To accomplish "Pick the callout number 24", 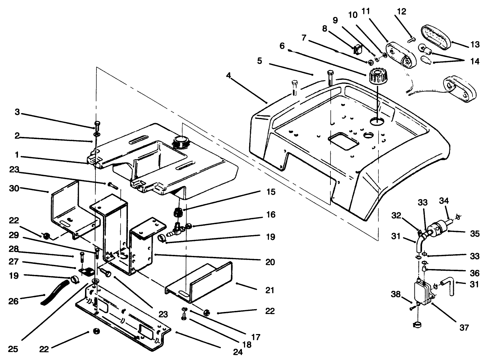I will (x=238, y=352).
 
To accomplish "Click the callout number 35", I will (x=475, y=234).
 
